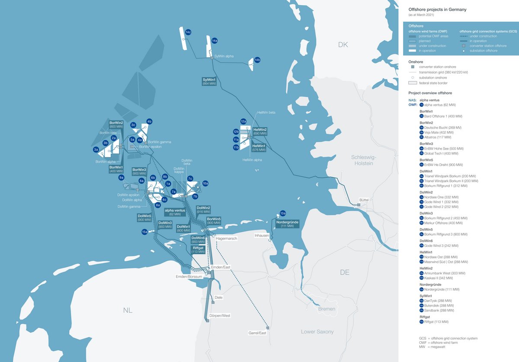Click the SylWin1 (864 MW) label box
[x=209, y=81]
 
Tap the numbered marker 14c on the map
[x=188, y=32]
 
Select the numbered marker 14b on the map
[x=257, y=60]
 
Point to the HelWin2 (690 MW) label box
[x=259, y=132]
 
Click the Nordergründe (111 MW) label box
[x=288, y=224]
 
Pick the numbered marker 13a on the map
[x=283, y=213]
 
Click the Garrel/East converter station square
[x=268, y=327]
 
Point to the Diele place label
[x=219, y=298]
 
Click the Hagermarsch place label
[x=227, y=238]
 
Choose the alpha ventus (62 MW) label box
[x=175, y=212]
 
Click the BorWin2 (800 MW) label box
[x=116, y=125]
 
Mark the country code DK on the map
[x=343, y=45]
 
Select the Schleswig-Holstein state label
[x=362, y=160]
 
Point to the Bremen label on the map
[x=326, y=309]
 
